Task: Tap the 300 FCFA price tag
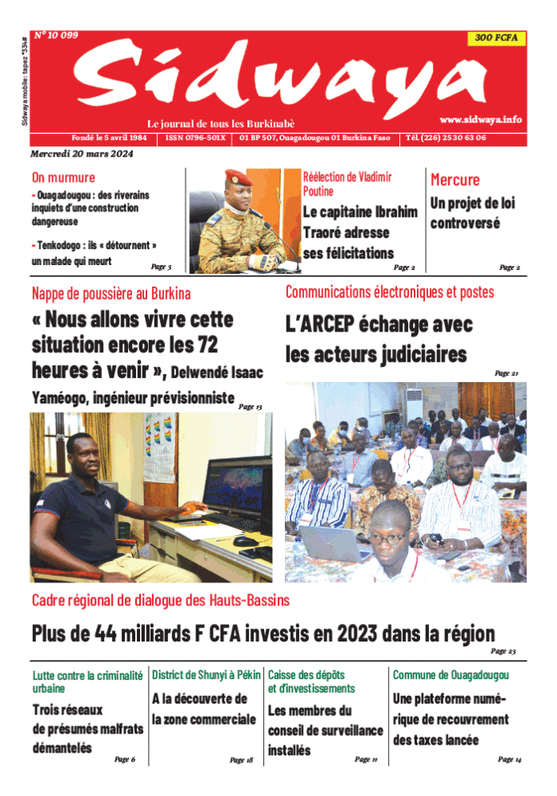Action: (x=495, y=38)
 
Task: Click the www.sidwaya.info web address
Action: (x=480, y=119)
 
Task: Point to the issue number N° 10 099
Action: (x=55, y=36)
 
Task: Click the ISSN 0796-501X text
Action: (x=196, y=138)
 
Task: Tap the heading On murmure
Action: (x=63, y=178)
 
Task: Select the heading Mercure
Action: (x=455, y=180)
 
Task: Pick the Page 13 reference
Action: (x=250, y=407)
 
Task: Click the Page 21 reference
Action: (x=507, y=373)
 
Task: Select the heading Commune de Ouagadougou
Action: (x=451, y=675)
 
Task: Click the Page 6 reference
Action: (x=124, y=758)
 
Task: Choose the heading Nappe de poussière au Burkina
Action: (x=111, y=293)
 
